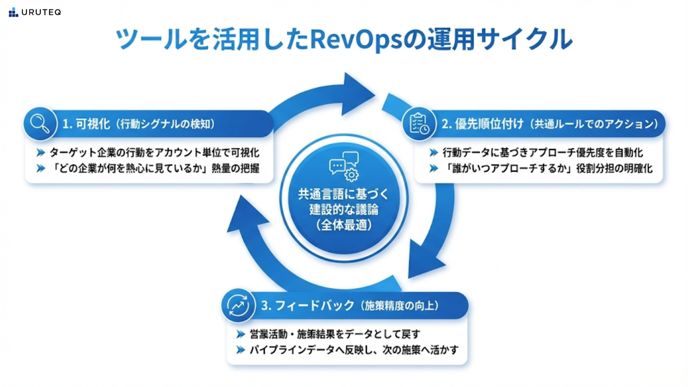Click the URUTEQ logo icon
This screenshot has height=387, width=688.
pyautogui.click(x=13, y=13)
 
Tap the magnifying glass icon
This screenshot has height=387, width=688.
pyautogui.click(x=40, y=124)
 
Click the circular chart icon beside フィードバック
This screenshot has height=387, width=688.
pyautogui.click(x=238, y=306)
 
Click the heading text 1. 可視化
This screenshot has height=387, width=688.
pyautogui.click(x=86, y=124)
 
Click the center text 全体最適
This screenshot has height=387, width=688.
pyautogui.click(x=344, y=225)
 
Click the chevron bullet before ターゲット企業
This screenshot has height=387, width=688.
pyautogui.click(x=40, y=153)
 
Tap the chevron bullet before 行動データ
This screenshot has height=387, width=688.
pyautogui.click(x=434, y=153)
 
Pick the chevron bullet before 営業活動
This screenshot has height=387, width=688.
pyautogui.click(x=240, y=335)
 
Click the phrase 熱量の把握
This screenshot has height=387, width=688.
pyautogui.click(x=235, y=168)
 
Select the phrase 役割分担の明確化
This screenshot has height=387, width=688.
pyautogui.click(x=614, y=168)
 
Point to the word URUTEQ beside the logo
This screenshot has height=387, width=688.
pyautogui.click(x=41, y=13)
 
